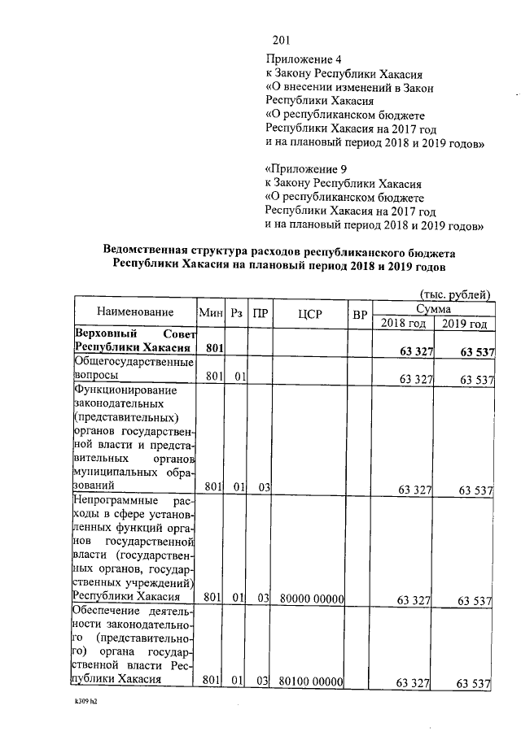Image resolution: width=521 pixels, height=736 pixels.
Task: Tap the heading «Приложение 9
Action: pyautogui.click(x=305, y=169)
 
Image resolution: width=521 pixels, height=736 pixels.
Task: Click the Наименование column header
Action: pyautogui.click(x=135, y=313)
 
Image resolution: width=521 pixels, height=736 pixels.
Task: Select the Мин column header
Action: pyautogui.click(x=212, y=313)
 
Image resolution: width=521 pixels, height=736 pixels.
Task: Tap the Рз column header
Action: pyautogui.click(x=237, y=313)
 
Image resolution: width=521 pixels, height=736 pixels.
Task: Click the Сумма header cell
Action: pyautogui.click(x=434, y=308)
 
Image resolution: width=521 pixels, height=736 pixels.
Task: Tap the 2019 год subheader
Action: pyautogui.click(x=464, y=323)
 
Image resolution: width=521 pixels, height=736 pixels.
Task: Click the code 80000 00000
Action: pyautogui.click(x=310, y=600)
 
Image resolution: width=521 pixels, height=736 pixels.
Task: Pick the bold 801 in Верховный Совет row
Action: pyautogui.click(x=214, y=349)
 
